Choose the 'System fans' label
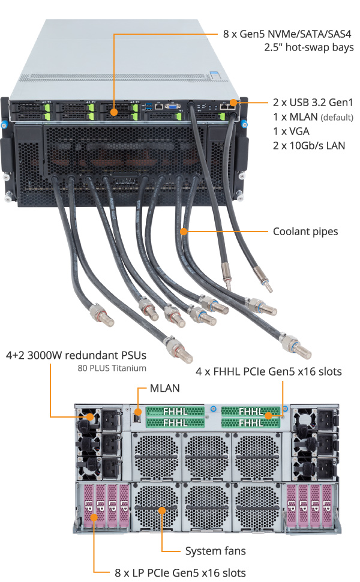(x=215, y=550)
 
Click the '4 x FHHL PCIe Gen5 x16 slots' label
(x=269, y=372)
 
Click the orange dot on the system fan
(x=162, y=510)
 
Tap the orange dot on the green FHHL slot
(x=269, y=416)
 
